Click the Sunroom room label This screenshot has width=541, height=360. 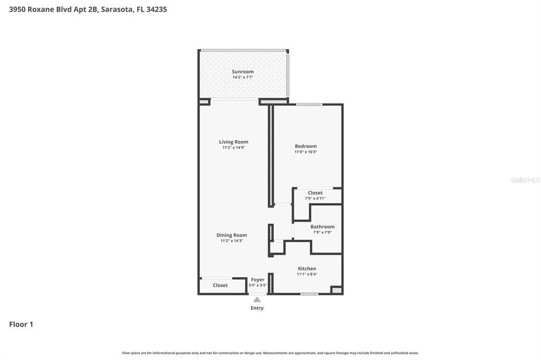[x=242, y=72]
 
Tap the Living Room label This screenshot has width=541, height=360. [x=234, y=141]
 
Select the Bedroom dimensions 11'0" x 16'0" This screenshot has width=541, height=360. [x=306, y=151]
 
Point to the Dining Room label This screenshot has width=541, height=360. [x=231, y=235]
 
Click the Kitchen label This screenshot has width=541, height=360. [x=307, y=269]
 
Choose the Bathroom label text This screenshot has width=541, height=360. [x=322, y=226]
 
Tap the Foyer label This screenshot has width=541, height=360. [x=258, y=280]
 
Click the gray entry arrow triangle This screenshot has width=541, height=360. [x=257, y=299]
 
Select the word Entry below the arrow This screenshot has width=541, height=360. [x=257, y=308]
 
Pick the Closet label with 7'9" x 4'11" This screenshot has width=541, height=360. [x=315, y=193]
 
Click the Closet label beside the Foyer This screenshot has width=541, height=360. [x=220, y=285]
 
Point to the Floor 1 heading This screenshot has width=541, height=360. [x=21, y=324]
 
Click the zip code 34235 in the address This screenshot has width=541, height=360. [x=156, y=10]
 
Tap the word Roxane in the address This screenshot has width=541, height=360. [x=41, y=10]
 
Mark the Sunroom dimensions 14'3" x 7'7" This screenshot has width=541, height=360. [x=242, y=77]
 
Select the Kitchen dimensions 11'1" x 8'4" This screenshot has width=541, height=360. [x=307, y=274]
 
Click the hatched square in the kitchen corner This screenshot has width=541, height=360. [x=337, y=290]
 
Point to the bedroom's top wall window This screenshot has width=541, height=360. [x=309, y=105]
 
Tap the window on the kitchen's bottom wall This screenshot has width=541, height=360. [x=309, y=294]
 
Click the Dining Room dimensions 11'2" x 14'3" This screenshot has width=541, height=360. [x=232, y=241]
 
